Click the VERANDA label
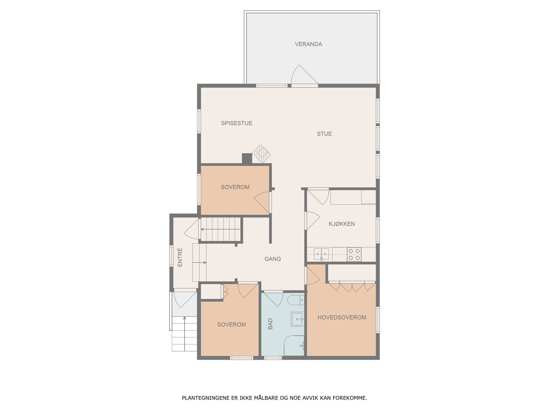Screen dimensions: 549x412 308,44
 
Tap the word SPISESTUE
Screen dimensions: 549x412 236,123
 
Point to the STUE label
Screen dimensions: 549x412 324,134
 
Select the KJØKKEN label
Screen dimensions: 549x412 342,224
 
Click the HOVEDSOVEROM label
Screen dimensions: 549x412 342,318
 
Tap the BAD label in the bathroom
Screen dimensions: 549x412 270,324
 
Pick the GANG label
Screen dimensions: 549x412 273,259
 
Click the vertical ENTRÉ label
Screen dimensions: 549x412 180,257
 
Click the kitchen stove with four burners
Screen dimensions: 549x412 354,254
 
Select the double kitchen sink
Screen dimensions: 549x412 322,254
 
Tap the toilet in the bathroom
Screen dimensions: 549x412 296,300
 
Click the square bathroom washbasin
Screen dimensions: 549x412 297,319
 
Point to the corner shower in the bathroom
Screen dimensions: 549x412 294,345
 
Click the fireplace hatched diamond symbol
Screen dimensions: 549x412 261,153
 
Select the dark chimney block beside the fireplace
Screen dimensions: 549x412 247,159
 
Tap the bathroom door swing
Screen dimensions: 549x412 273,299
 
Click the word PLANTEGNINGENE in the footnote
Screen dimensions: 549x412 205,398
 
